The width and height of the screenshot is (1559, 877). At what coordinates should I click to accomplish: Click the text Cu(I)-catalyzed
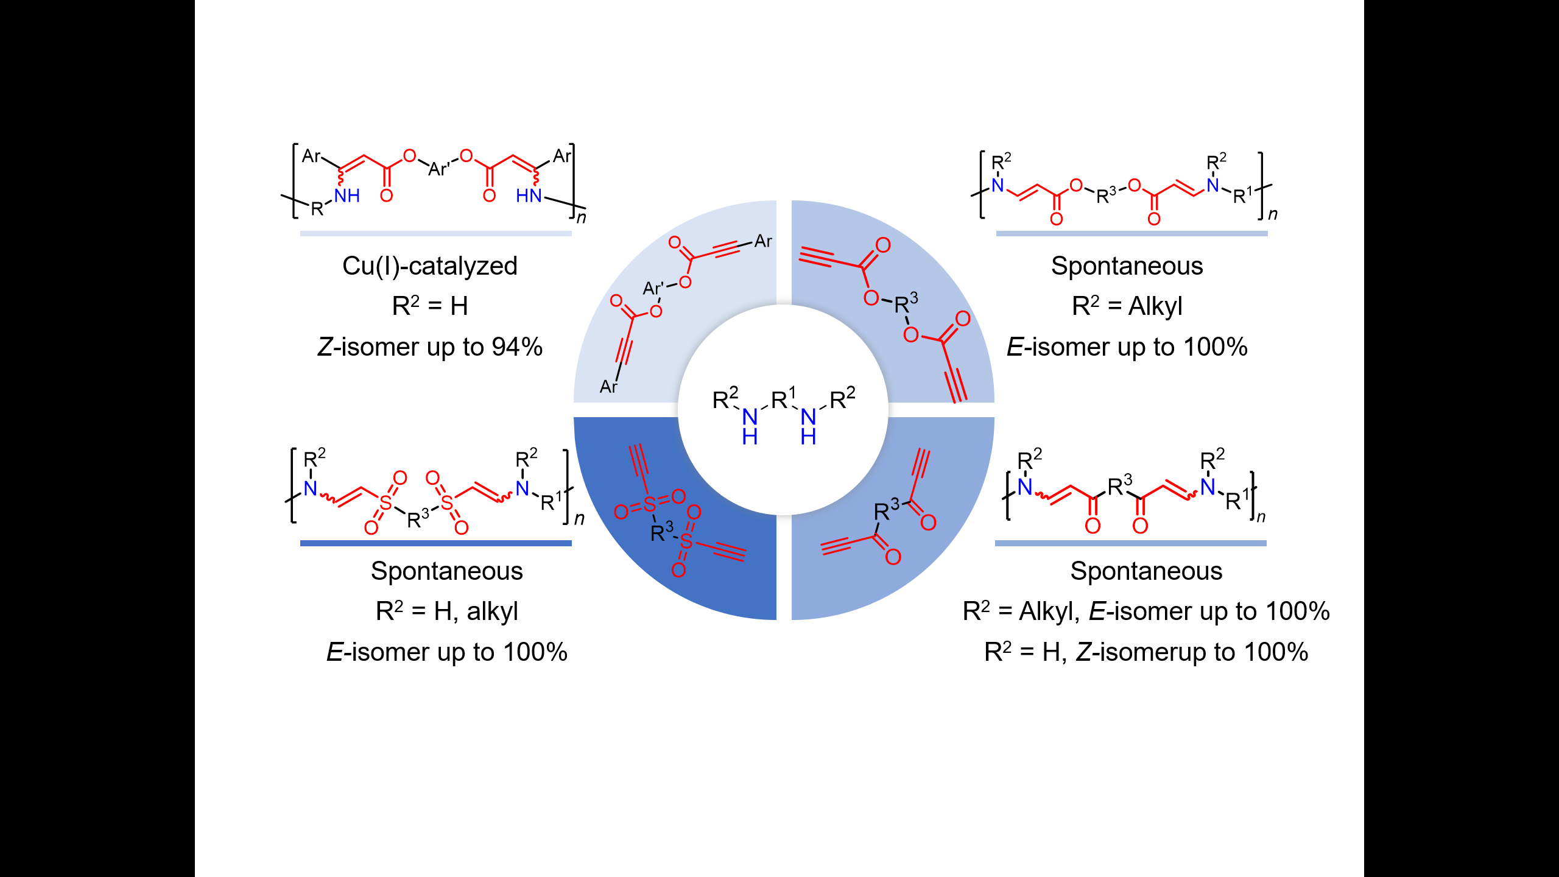429,267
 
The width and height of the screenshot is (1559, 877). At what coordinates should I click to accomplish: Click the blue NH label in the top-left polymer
347,195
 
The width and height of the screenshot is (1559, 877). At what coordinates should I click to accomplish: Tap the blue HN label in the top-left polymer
529,195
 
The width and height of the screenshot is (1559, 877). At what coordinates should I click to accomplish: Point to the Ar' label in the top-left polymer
440,169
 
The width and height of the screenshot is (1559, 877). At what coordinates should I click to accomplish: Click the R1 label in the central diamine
783,398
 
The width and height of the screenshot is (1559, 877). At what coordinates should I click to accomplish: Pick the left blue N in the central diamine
750,417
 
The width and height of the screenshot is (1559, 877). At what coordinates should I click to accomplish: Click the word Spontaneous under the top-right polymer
1127,266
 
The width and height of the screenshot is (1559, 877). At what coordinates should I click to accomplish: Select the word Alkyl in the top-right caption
1155,306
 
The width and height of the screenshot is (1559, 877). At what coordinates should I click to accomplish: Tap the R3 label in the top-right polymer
1107,195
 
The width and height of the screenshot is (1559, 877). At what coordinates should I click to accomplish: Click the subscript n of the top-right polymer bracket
1273,214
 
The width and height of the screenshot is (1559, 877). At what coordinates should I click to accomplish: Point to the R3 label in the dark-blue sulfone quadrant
662,531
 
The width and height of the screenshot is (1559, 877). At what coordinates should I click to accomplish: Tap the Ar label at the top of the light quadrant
763,241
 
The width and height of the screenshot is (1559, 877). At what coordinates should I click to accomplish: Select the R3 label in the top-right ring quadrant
906,302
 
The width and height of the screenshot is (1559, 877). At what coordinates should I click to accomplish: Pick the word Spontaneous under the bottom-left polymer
447,571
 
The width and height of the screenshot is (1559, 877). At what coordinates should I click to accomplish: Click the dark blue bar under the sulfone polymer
436,543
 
